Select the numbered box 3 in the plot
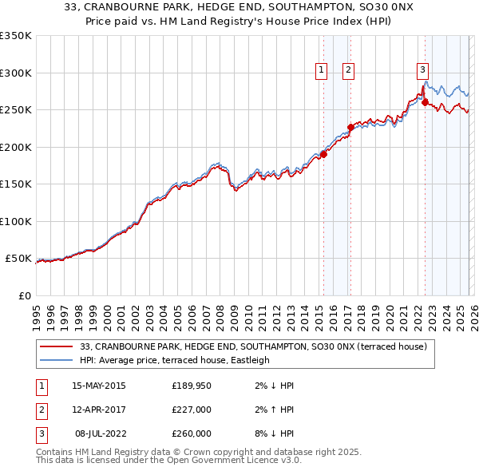pyautogui.click(x=422, y=69)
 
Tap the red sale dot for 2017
pyautogui.click(x=350, y=127)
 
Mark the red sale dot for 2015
pyautogui.click(x=323, y=154)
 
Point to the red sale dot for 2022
pyautogui.click(x=425, y=102)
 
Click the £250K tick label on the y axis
pyautogui.click(x=15, y=110)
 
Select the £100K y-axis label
pyautogui.click(x=15, y=221)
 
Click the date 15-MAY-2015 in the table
pyautogui.click(x=98, y=386)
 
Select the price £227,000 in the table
pyautogui.click(x=192, y=410)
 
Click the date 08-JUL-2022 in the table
pyautogui.click(x=99, y=433)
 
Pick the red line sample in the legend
pyautogui.click(x=56, y=346)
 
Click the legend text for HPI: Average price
pyautogui.click(x=175, y=360)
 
